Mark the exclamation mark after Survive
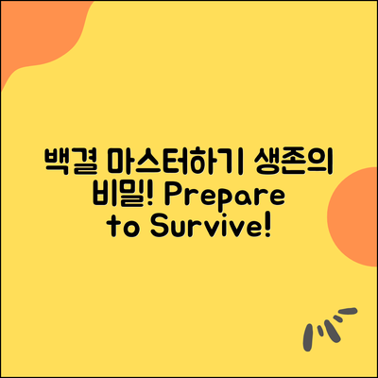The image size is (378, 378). [267, 226]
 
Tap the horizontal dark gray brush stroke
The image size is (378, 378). [347, 312]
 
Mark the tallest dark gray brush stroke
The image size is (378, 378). [308, 337]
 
